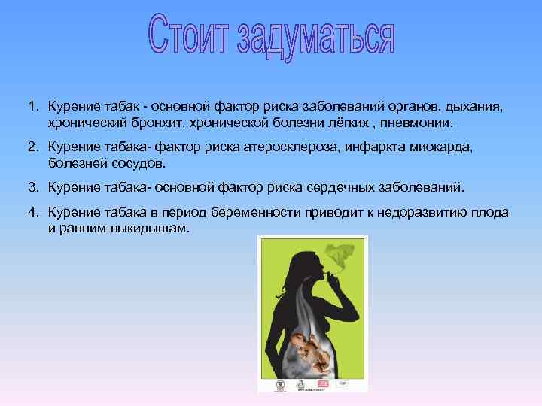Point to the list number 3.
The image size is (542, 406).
coord(34,185)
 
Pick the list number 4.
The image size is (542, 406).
coord(34,213)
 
